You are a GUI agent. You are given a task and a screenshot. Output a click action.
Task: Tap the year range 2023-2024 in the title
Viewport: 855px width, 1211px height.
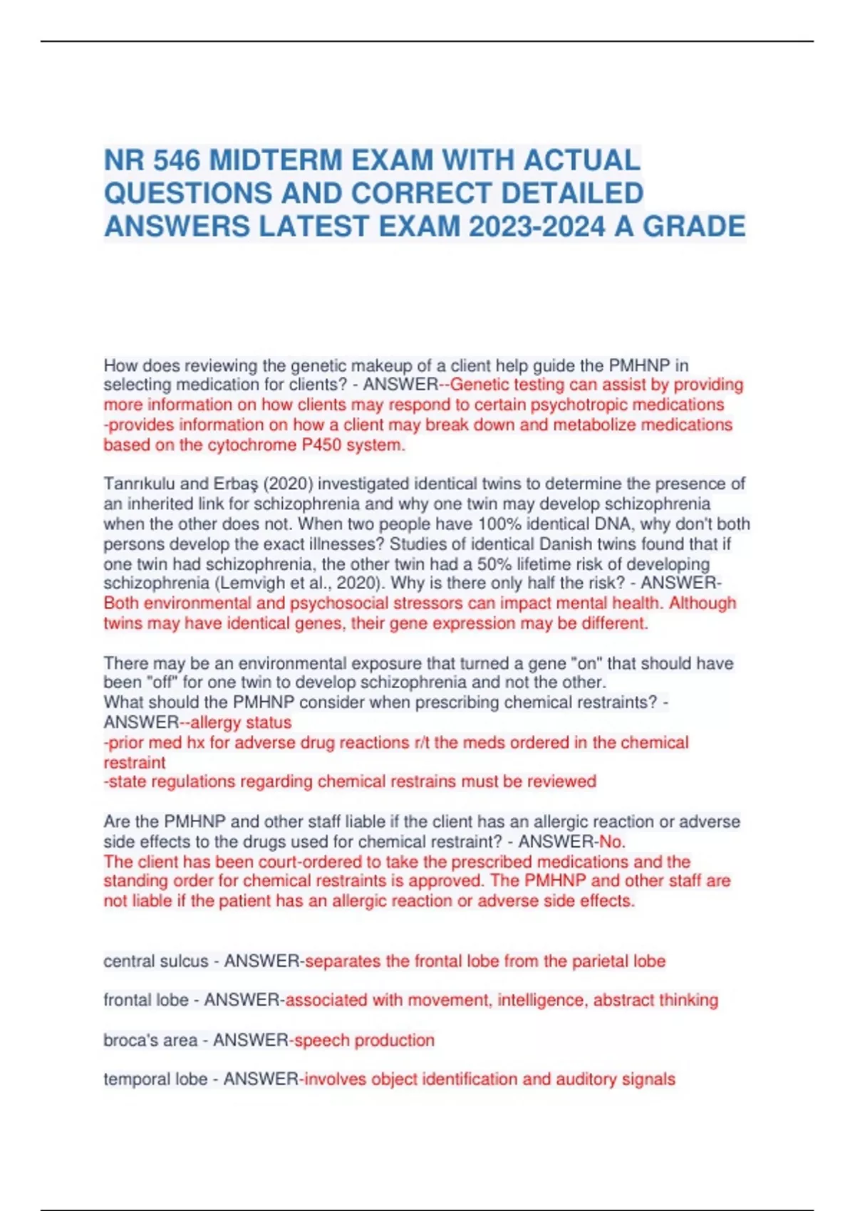(x=537, y=227)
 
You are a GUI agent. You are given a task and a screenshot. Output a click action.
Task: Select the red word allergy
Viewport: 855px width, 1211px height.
(x=215, y=722)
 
